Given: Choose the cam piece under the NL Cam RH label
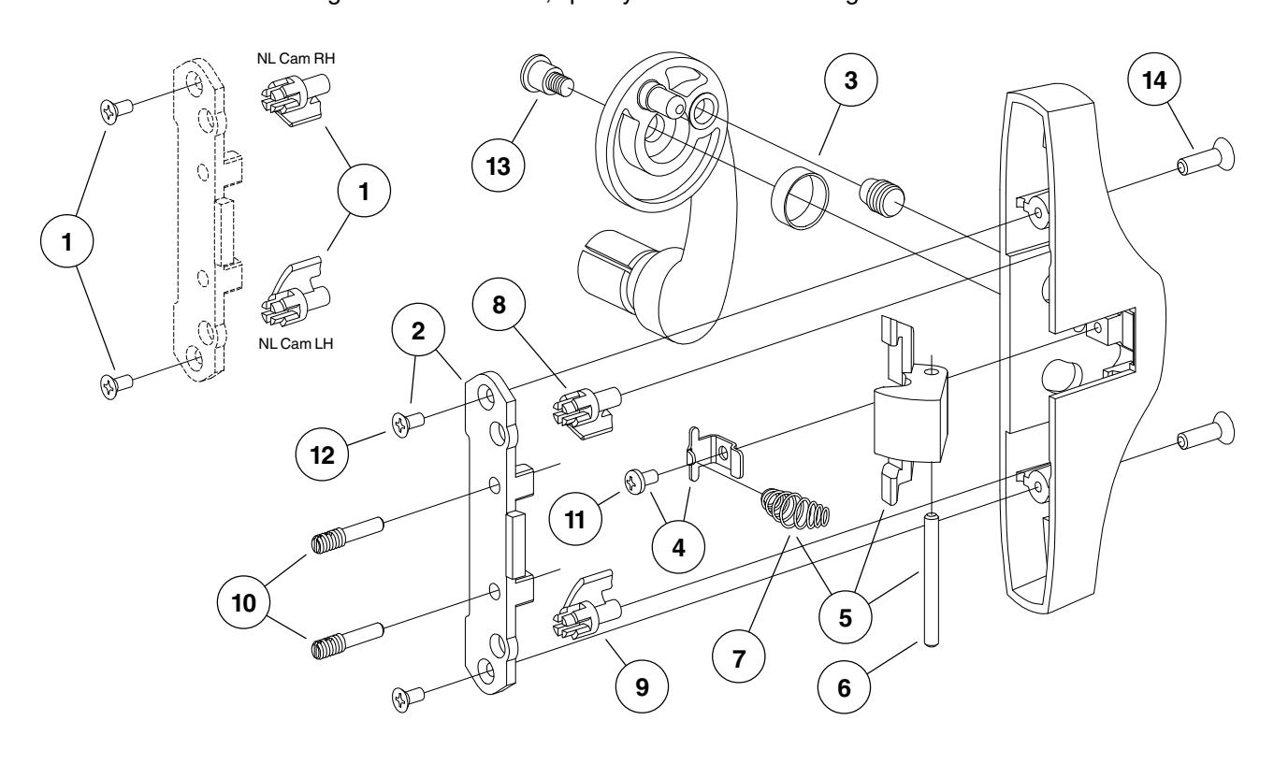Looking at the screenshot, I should (x=290, y=103).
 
